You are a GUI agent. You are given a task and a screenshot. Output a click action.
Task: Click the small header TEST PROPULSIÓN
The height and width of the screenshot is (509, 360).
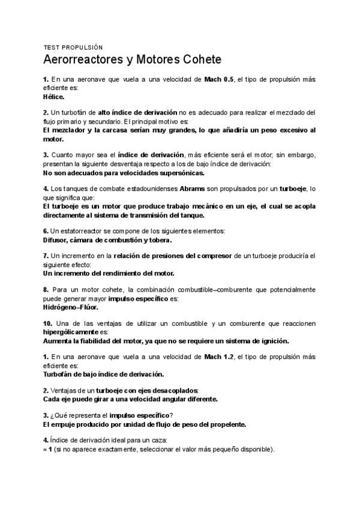(73, 47)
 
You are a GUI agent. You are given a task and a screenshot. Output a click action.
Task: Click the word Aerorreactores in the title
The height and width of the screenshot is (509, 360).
(83, 61)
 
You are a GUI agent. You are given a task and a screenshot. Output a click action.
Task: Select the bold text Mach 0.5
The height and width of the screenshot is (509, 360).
(219, 79)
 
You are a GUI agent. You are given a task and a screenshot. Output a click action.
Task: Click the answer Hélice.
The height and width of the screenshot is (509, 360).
(54, 96)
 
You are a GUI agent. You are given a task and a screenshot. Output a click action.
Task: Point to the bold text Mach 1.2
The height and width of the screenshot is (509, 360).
(219, 357)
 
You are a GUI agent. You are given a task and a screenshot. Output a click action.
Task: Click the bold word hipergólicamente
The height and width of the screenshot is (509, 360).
(75, 331)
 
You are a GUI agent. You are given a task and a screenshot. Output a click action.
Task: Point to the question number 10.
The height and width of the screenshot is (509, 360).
(47, 323)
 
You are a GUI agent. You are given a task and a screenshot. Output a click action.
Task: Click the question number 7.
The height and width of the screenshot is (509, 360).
(46, 256)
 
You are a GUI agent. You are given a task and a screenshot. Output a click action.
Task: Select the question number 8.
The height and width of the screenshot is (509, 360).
(46, 289)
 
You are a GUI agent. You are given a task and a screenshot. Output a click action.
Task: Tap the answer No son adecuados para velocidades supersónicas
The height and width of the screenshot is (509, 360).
(124, 173)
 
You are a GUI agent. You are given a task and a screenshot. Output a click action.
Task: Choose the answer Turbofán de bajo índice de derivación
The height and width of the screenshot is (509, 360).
(104, 374)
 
